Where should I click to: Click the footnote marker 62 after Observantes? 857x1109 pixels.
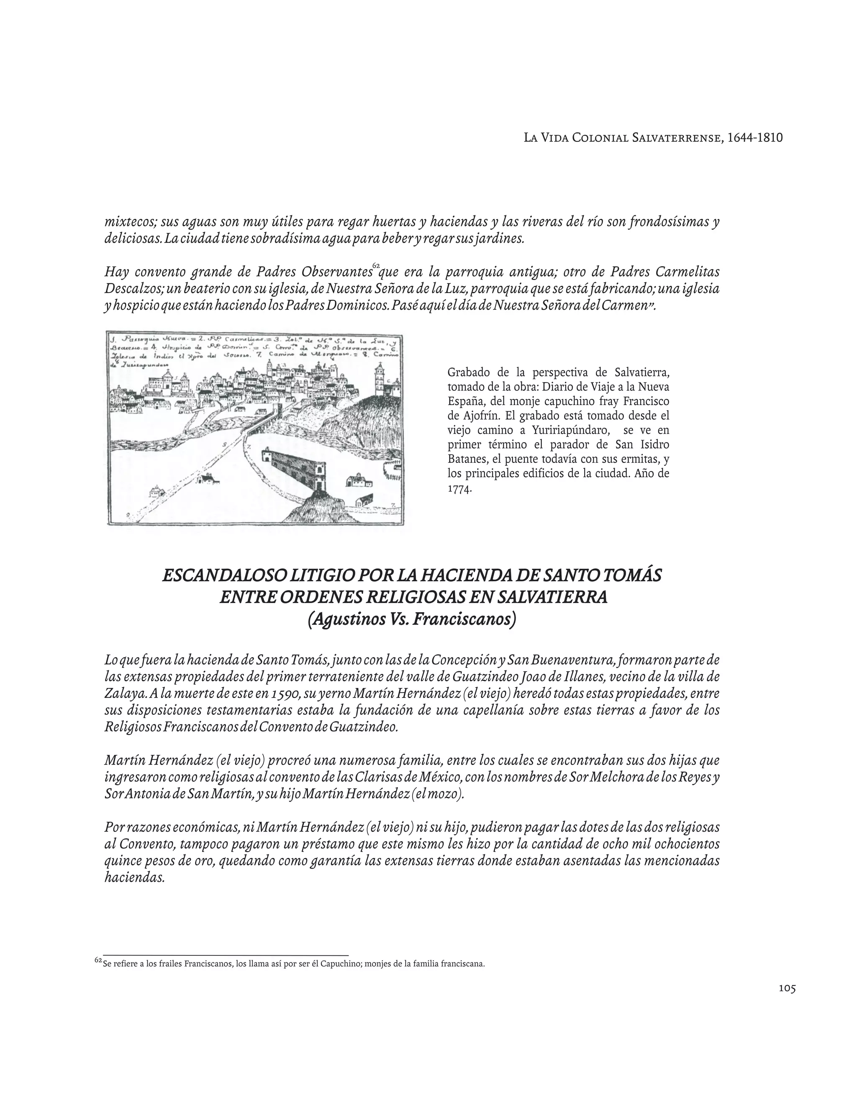click(376, 266)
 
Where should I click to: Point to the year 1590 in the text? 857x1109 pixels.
click(285, 693)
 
